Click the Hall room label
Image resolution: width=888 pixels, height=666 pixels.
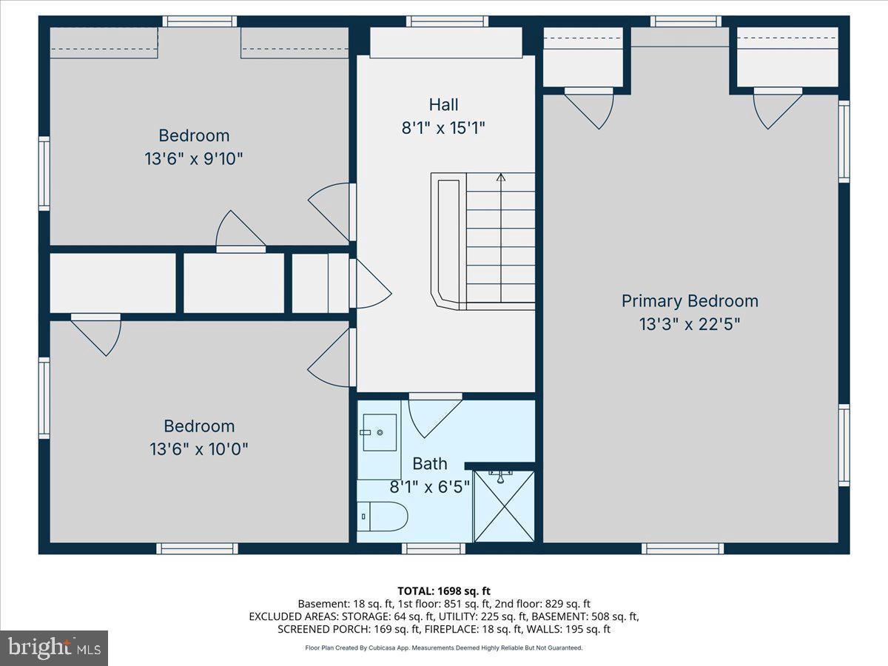(443, 104)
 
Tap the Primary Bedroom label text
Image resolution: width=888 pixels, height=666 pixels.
(689, 301)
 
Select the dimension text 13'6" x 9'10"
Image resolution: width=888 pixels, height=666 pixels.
(194, 158)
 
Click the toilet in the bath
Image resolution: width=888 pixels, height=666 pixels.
(383, 517)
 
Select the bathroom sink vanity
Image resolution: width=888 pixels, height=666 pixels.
(379, 431)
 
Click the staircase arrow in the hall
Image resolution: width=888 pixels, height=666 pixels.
(501, 178)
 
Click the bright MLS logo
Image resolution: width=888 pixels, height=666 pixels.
(54, 647)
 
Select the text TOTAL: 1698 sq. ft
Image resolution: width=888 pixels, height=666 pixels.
(444, 591)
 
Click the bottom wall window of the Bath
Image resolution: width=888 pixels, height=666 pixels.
(434, 548)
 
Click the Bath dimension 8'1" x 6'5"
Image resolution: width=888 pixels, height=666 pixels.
(430, 487)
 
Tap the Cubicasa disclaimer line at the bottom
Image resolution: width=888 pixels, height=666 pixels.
(444, 647)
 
